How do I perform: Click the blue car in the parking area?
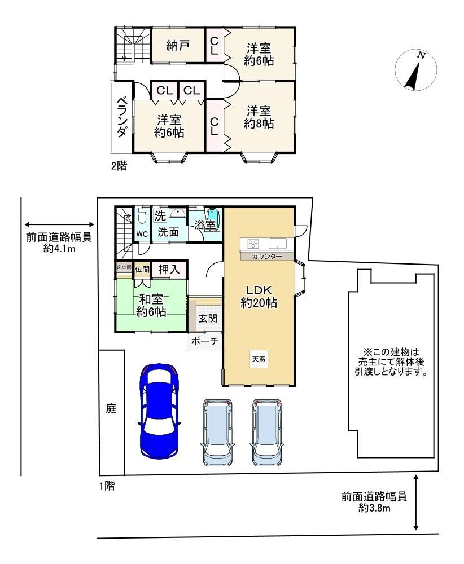(159, 411)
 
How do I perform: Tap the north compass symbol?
(415, 70)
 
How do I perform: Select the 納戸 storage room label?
(178, 46)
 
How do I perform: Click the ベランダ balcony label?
(122, 117)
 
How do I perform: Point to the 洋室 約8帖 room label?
(259, 117)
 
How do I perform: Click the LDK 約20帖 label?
(259, 297)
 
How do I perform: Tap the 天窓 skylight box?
(259, 359)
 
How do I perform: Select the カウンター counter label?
(267, 256)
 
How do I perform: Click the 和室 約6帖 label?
(151, 305)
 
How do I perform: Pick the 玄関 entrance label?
(208, 318)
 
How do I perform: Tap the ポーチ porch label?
(204, 341)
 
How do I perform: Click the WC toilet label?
(142, 234)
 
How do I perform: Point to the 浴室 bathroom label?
(205, 225)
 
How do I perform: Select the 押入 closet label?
(168, 270)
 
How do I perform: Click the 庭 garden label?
(111, 408)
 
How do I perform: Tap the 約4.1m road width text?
(59, 248)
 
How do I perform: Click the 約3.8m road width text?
(374, 508)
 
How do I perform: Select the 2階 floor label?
(119, 166)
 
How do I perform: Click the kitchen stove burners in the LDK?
(253, 244)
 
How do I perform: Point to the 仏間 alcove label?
(142, 270)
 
